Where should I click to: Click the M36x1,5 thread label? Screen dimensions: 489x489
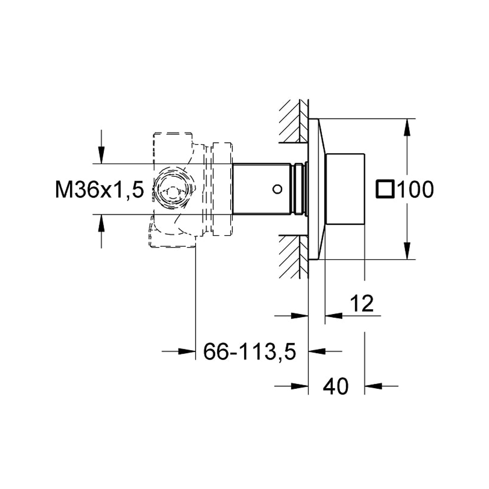point(99,190)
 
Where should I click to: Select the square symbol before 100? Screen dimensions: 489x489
point(385,189)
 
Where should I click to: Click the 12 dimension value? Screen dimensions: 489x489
point(362,303)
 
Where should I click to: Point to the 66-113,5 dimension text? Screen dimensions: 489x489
point(249,352)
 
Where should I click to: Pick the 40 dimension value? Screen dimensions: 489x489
point(335,386)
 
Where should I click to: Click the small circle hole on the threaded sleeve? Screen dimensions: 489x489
point(277,189)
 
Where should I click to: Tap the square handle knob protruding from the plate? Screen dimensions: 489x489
point(345,189)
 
